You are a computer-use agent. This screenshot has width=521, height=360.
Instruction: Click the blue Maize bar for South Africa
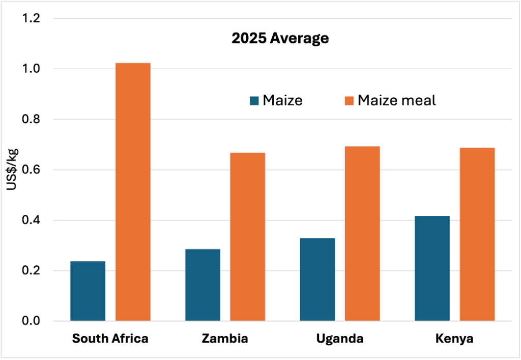[88, 291]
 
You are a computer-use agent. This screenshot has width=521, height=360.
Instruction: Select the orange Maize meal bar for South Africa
[133, 192]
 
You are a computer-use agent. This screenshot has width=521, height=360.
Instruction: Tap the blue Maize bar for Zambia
[202, 285]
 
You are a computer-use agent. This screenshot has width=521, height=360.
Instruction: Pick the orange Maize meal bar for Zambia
[248, 237]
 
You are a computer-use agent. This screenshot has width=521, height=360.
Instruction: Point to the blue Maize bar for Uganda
[317, 280]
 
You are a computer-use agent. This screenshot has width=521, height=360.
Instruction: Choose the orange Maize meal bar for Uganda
[362, 234]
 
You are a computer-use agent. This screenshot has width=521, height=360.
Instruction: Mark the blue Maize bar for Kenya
[432, 268]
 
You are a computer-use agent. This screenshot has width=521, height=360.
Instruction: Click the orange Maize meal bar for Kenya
[477, 234]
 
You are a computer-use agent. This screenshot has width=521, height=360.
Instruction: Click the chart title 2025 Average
[280, 39]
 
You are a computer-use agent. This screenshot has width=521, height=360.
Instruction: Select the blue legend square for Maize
[254, 100]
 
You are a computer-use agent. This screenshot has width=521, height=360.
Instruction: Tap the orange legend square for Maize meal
[349, 100]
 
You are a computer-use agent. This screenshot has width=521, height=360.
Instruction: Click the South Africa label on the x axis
[110, 339]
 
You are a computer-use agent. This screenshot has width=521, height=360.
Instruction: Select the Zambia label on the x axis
[225, 339]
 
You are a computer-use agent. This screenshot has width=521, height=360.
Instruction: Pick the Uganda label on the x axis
[340, 339]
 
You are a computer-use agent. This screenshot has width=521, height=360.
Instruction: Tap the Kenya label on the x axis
[454, 339]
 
